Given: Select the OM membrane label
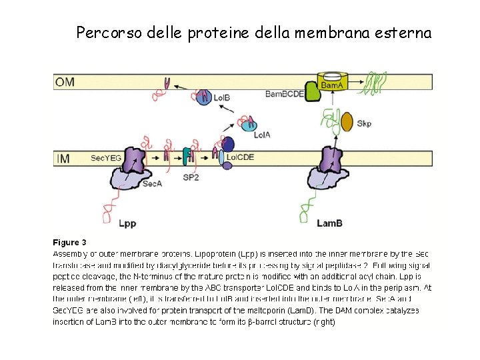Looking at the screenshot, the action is tap(65, 82).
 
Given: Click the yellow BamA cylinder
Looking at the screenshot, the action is tap(331, 83).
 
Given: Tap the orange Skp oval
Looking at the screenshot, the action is tap(347, 121).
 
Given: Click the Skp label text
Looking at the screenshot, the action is tap(364, 123).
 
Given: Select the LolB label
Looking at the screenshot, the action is tap(222, 98).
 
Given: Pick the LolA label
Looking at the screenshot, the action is tap(261, 134).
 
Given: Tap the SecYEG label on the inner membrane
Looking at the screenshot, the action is tap(105, 158).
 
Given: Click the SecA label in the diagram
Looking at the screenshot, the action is tap(152, 184).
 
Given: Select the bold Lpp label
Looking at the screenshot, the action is tap(127, 223).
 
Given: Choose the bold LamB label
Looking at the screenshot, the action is tap(330, 223).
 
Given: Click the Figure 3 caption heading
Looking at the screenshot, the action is tap(69, 242).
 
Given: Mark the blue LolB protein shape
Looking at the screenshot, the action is tap(203, 97).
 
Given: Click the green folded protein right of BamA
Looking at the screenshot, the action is tap(375, 83).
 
